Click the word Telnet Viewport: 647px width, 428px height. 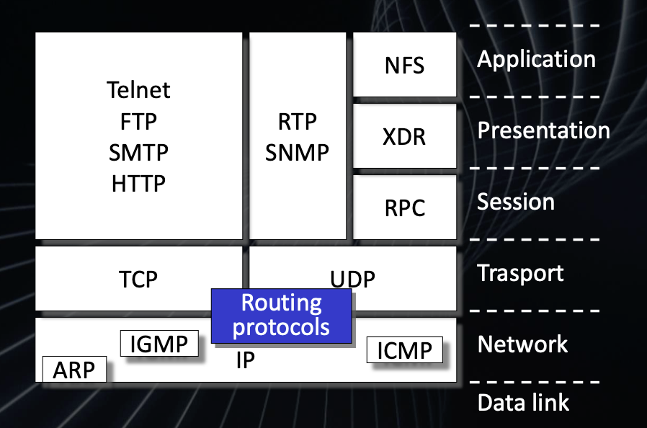tap(138, 90)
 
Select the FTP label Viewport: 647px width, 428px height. tap(138, 121)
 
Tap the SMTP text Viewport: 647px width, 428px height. tap(138, 153)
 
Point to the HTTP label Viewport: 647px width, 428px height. tap(138, 184)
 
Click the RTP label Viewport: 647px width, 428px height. tap(297, 122)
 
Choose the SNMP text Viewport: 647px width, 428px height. tap(297, 153)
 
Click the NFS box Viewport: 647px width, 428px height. tap(404, 66)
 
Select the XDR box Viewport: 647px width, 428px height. tap(404, 136)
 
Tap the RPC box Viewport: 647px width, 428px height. tap(404, 208)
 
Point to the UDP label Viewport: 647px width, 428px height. tap(353, 279)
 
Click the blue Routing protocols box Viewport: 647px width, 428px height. tap(281, 315)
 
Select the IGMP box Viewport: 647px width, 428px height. tap(159, 344)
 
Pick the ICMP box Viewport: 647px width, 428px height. tap(404, 351)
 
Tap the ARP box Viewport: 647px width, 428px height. tap(74, 370)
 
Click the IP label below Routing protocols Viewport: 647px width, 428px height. tap(246, 360)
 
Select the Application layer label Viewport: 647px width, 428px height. tap(536, 59)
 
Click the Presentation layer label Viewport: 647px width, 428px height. tap(543, 130)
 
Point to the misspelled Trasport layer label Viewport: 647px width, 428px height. tap(520, 273)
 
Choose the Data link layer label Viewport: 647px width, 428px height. tap(523, 402)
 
